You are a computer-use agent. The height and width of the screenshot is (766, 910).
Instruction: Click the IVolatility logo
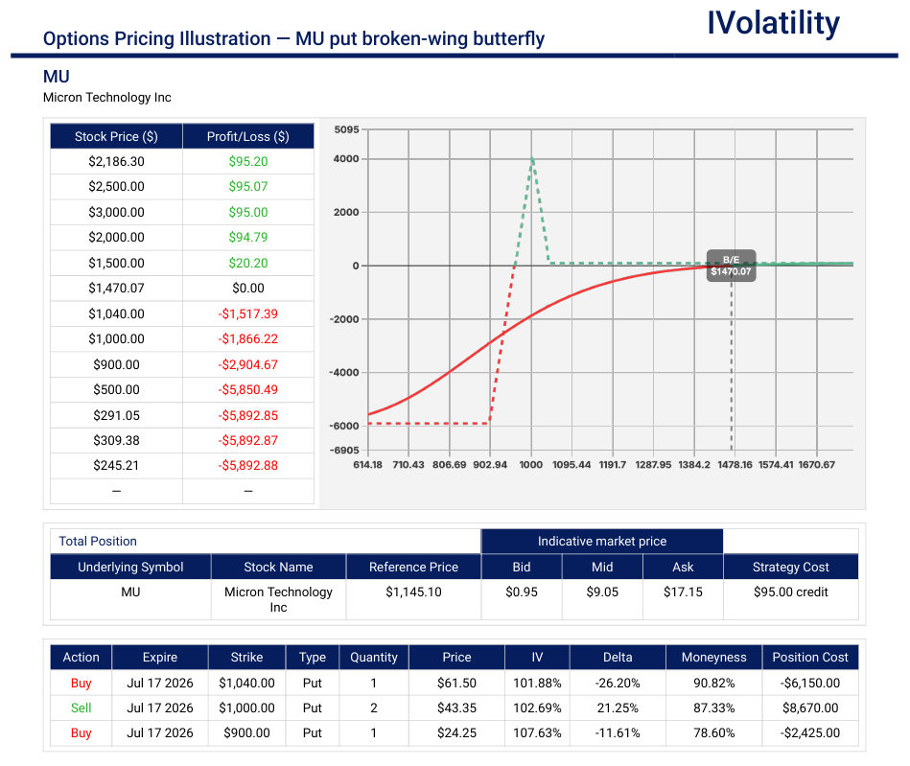[x=773, y=23]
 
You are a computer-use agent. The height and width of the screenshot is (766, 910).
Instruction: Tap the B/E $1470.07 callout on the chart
[x=732, y=266]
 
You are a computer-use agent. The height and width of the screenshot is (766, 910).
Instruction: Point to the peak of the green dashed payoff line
[x=532, y=157]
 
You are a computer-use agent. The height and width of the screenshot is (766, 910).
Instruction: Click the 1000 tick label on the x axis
[x=531, y=465]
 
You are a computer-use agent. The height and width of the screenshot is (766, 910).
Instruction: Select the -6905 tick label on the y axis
[x=345, y=451]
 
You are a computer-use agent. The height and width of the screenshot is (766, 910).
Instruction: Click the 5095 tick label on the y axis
[x=346, y=129]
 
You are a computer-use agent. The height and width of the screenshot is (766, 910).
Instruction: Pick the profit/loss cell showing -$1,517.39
[x=247, y=313]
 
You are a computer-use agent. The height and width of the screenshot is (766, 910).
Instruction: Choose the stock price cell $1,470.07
[x=116, y=289]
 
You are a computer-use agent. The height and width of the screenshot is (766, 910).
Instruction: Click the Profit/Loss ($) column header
[x=247, y=137]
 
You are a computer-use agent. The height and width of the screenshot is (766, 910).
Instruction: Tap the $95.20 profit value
[x=247, y=162]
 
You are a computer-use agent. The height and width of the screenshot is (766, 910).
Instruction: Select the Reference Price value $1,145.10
[x=414, y=592]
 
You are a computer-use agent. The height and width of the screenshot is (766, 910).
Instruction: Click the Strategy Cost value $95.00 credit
[x=790, y=592]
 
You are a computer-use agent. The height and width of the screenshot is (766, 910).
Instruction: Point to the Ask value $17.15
[x=683, y=592]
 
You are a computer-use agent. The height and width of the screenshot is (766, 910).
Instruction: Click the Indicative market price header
[x=602, y=542]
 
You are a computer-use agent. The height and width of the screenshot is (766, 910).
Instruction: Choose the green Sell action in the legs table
[x=82, y=708]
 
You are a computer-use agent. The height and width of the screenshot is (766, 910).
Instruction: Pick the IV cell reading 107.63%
[x=537, y=732]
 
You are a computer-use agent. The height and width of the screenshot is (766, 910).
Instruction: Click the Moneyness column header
[x=713, y=658]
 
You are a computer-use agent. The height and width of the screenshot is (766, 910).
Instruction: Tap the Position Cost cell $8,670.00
[x=810, y=708]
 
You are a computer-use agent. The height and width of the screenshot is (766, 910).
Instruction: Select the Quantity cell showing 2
[x=374, y=708]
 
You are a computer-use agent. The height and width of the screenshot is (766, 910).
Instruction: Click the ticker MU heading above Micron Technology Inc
[x=57, y=77]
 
